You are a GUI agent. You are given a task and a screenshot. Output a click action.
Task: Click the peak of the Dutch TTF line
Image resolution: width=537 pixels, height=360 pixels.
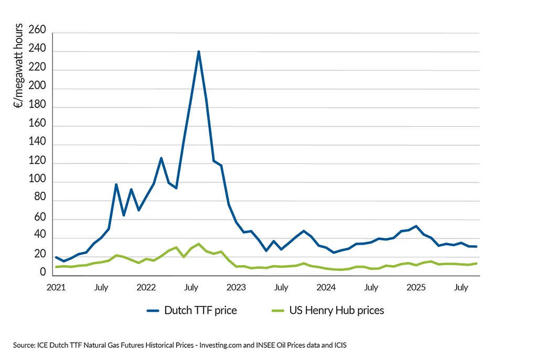[x=199, y=51]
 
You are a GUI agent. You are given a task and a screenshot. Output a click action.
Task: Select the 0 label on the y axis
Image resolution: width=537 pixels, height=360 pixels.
[x=44, y=272]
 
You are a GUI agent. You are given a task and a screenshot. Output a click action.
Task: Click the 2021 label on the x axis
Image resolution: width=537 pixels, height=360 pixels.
[x=57, y=287]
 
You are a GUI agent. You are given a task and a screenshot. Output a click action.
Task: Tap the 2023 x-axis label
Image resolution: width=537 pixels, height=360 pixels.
[x=236, y=287]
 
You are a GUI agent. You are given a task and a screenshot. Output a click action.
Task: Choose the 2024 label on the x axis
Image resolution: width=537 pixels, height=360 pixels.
[x=326, y=287]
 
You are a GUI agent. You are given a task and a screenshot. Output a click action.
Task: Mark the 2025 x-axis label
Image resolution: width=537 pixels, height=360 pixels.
[x=416, y=287]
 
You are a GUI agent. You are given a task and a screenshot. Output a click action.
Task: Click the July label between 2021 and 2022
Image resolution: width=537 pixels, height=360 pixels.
[x=101, y=287]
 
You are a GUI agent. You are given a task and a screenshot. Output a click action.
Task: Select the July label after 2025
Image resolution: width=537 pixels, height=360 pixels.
[x=461, y=287]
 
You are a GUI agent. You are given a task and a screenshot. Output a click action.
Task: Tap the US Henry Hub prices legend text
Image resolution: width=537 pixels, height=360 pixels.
[x=336, y=310]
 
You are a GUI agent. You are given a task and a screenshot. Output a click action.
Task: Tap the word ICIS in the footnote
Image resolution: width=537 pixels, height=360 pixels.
[x=339, y=345]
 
